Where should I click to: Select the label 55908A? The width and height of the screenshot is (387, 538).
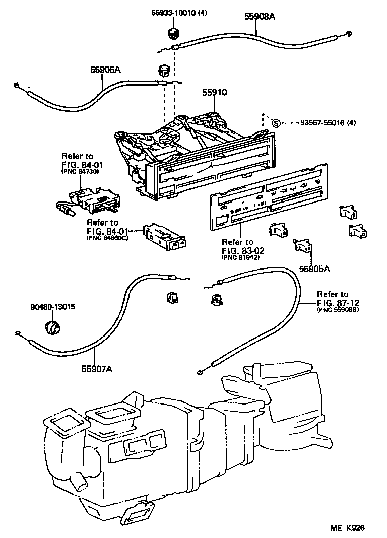click(x=261, y=16)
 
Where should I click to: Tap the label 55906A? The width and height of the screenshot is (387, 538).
click(x=106, y=70)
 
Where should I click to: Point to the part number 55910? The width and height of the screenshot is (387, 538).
click(x=215, y=93)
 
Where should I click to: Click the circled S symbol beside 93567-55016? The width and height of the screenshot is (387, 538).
click(x=275, y=123)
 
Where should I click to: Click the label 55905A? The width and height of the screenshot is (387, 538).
click(x=314, y=269)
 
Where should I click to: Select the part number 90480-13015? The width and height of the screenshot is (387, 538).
click(x=51, y=306)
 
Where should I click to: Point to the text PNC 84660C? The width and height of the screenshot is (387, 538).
click(x=107, y=238)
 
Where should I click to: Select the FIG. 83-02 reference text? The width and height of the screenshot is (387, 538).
click(x=243, y=250)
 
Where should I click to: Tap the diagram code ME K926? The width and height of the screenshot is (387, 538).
click(x=347, y=527)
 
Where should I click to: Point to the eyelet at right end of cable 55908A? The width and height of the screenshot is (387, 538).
click(x=348, y=34)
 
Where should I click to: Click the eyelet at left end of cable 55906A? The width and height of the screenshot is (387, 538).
click(x=18, y=85)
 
